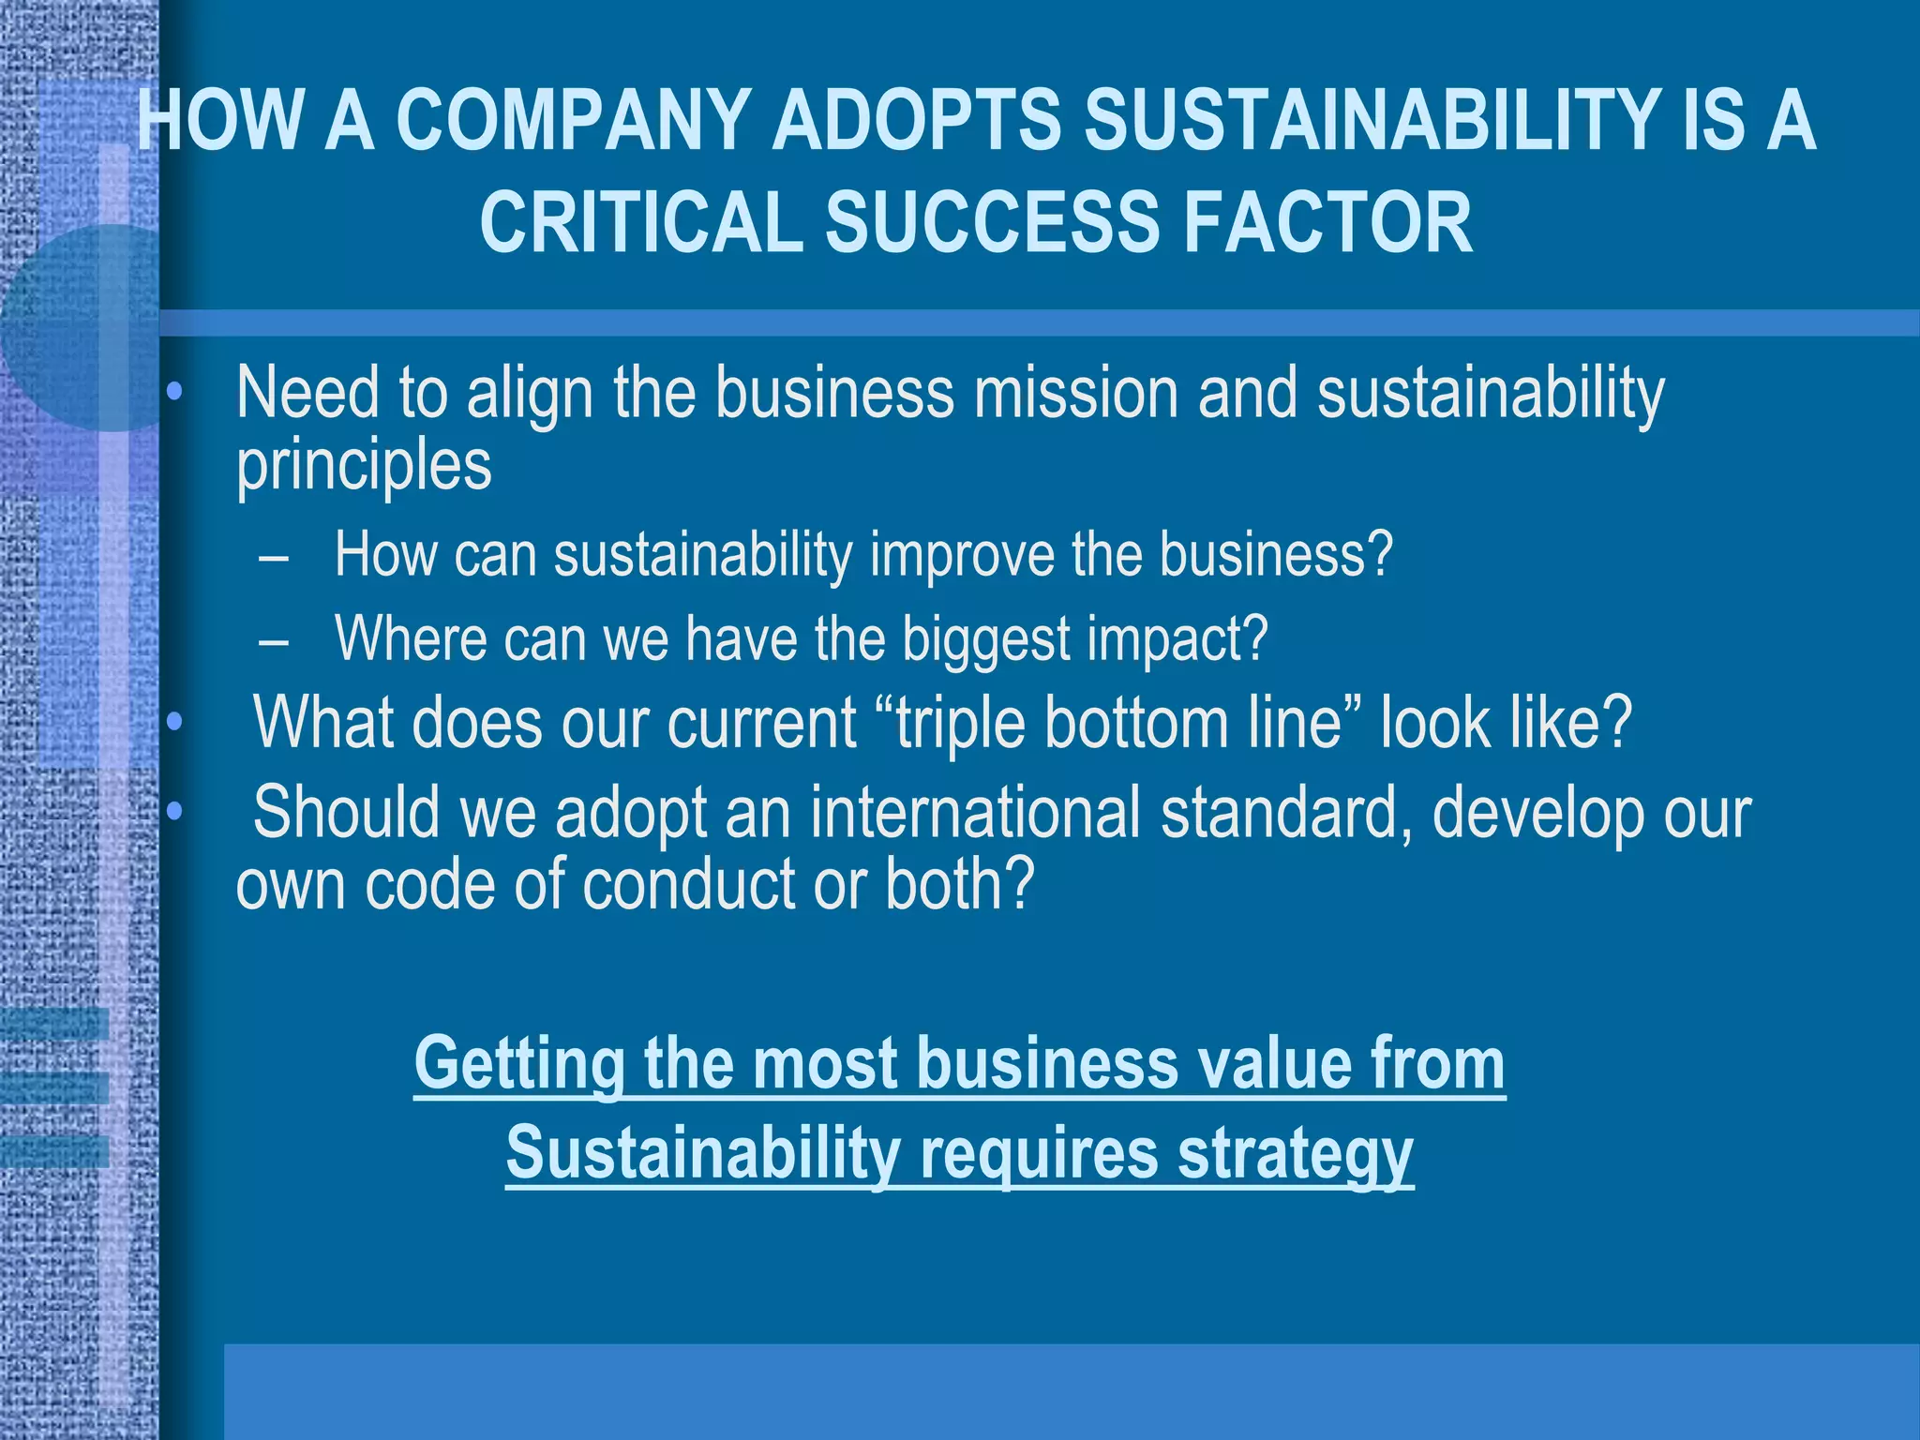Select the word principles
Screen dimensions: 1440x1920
(364, 465)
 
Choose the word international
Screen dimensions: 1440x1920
(975, 812)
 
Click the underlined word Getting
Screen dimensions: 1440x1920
(519, 1064)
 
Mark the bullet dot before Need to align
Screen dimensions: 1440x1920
(173, 394)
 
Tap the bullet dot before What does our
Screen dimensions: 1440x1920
(173, 723)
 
